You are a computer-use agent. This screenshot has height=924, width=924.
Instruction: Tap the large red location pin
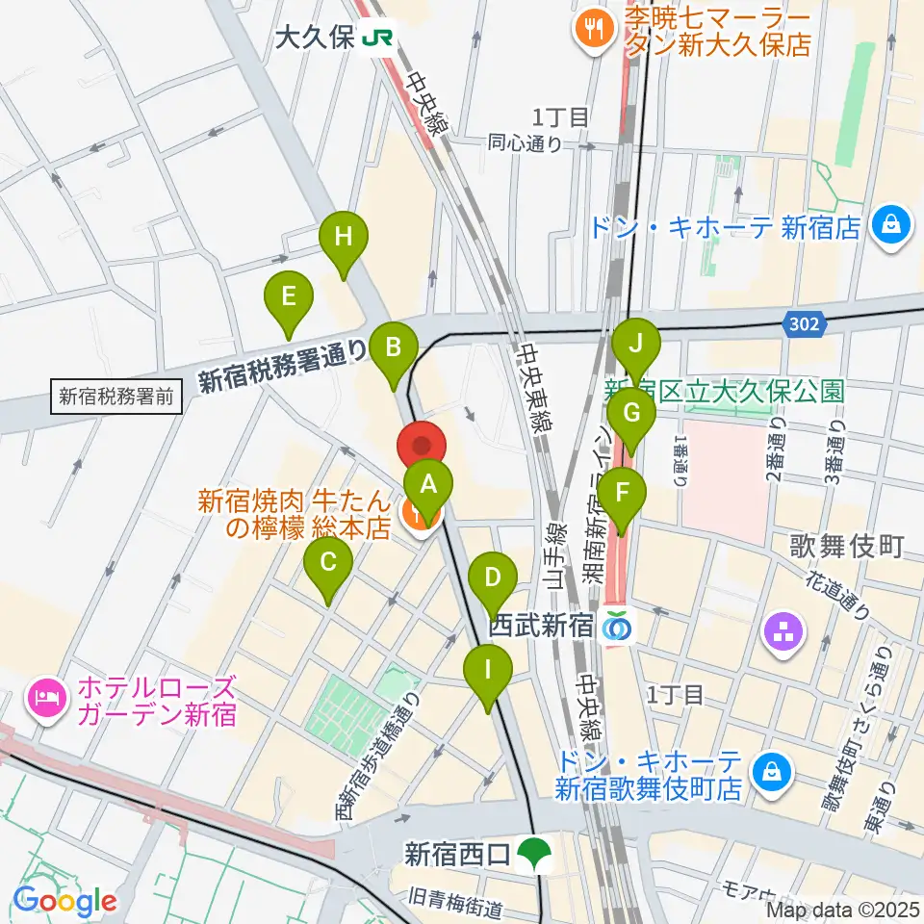(x=422, y=448)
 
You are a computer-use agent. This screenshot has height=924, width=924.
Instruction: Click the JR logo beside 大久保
(x=376, y=38)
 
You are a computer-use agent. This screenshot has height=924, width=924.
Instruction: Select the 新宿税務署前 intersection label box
(x=116, y=395)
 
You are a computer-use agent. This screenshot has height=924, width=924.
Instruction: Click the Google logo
(x=64, y=902)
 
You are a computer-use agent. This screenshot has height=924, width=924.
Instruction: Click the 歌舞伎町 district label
(x=847, y=548)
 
